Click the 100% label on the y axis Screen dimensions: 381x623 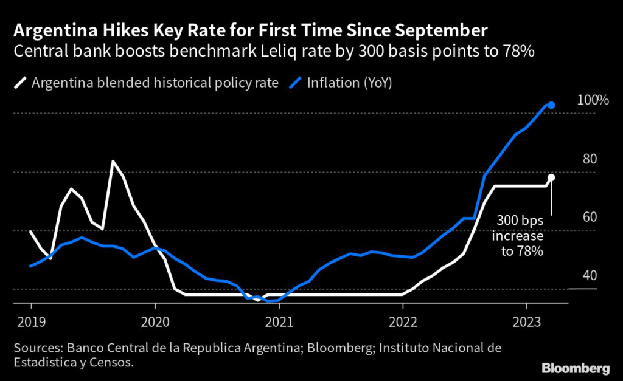tap(592, 100)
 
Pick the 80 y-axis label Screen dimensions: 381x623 tap(588, 159)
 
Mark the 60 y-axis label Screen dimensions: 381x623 tap(588, 218)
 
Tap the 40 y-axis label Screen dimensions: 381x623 tap(588, 276)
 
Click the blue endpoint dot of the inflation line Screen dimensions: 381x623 tap(551, 105)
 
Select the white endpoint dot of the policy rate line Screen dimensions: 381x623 tap(551, 177)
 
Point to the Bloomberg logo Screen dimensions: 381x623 tap(576, 368)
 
